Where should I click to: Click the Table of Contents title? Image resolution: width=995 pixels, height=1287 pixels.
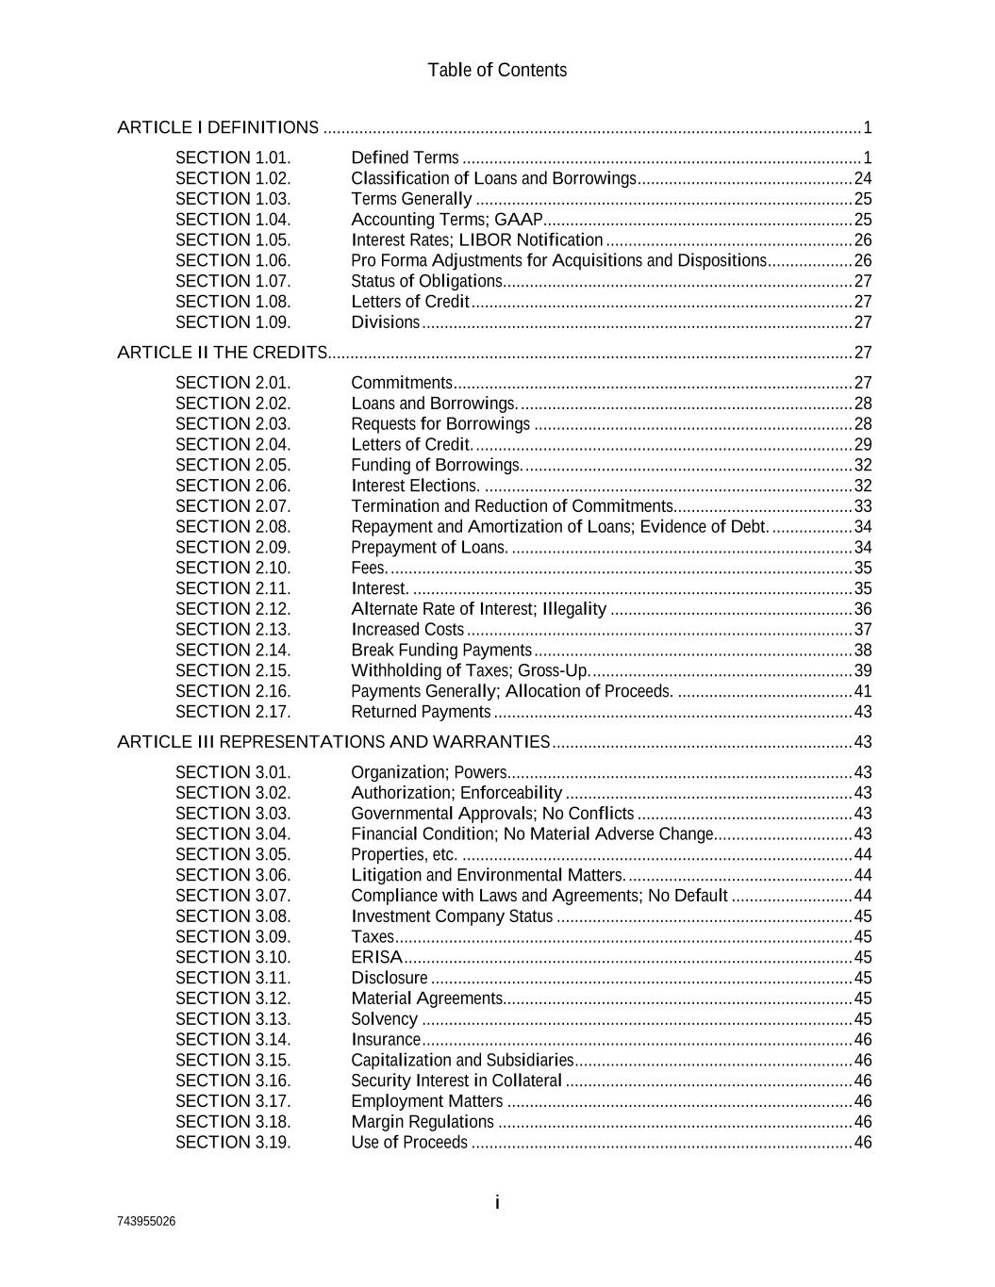point(497,71)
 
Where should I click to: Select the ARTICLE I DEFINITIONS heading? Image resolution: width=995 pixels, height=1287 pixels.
point(218,127)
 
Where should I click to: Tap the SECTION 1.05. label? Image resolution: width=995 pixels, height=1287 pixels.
point(233,240)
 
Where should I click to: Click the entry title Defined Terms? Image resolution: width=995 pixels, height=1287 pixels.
point(405,157)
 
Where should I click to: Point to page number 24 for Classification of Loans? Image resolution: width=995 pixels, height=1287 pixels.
point(862,178)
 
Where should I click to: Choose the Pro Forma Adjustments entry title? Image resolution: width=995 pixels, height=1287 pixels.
point(558,260)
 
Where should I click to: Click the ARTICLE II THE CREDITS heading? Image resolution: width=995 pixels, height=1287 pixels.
point(222,353)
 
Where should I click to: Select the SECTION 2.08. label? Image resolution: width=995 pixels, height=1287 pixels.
point(233,527)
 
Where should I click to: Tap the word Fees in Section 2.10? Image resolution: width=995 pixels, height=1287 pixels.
point(369,568)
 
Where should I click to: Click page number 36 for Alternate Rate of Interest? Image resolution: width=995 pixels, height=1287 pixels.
point(862,609)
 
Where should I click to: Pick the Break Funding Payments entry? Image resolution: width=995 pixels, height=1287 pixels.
point(441,651)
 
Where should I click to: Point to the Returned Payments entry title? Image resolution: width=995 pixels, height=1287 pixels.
point(421,712)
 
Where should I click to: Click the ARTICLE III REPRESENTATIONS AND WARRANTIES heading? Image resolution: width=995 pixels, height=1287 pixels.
point(333,742)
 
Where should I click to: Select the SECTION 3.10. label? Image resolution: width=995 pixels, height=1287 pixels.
point(233,957)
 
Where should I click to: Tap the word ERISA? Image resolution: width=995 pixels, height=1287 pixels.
point(376,957)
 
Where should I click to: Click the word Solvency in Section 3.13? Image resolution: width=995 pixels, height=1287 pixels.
point(384,1019)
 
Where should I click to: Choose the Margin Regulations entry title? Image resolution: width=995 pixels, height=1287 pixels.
point(423,1122)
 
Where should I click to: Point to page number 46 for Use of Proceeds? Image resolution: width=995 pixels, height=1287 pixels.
point(862,1143)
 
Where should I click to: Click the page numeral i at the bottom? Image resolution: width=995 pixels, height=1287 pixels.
point(497,1202)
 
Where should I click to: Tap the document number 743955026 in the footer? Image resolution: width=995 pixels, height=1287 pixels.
point(146,1221)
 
